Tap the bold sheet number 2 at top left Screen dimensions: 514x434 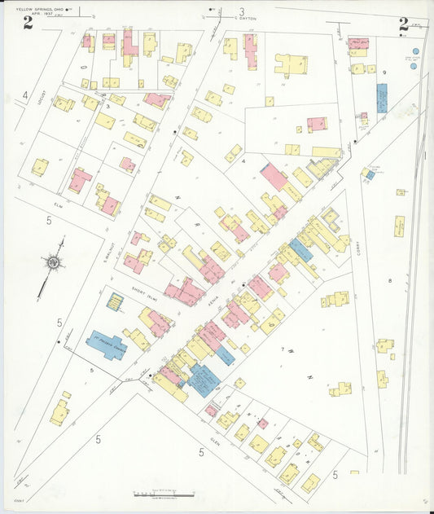28,22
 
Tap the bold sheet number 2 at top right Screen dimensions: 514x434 403,24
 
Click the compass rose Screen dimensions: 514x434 54,262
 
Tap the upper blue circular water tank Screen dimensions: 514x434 415,51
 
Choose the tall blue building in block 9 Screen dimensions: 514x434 381,98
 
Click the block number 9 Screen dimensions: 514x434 383,72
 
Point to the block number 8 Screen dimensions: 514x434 390,280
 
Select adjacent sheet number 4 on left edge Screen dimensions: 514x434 24,96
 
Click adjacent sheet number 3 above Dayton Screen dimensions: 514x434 241,11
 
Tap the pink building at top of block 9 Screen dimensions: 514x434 357,43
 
